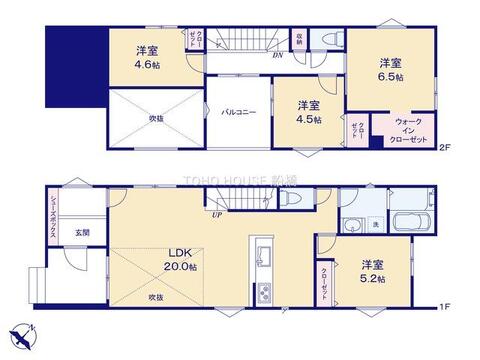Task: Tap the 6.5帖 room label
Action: (x=390, y=69)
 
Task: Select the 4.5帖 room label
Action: (x=308, y=112)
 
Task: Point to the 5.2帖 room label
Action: (x=373, y=272)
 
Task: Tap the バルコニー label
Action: (x=239, y=113)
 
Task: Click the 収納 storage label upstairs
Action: (x=299, y=40)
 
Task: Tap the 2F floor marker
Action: (x=445, y=148)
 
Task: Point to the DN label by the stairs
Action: (x=277, y=55)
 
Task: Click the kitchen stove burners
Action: (x=264, y=291)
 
